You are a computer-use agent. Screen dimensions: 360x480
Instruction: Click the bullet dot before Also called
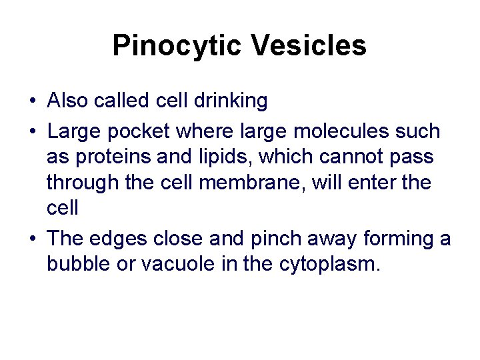point(32,101)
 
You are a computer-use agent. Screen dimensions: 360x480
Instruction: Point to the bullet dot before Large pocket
point(32,131)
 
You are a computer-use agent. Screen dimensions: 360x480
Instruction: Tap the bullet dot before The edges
point(32,239)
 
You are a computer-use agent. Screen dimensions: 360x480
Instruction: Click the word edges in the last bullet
point(118,238)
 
